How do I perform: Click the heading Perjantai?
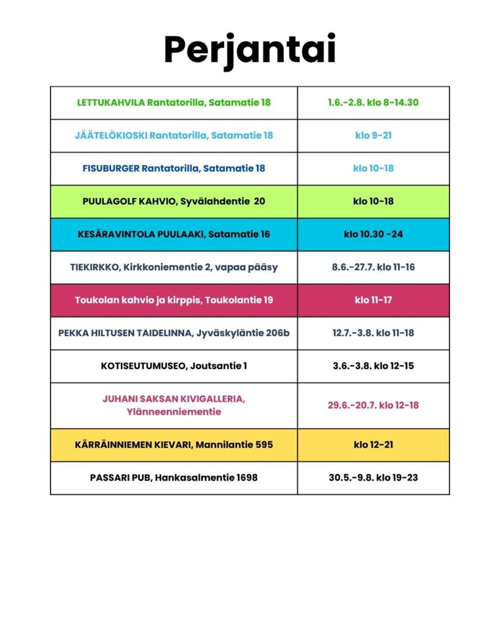pos(250,50)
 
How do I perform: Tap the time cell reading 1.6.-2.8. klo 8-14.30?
pos(373,103)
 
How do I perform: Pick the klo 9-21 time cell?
pos(373,135)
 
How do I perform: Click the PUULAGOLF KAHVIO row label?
pos(173,201)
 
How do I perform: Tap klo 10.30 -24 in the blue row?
pos(373,234)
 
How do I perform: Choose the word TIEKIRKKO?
pos(93,267)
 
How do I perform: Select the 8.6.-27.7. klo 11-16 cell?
pos(373,267)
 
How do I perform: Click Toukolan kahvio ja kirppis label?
pos(173,300)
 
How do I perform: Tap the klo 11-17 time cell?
pos(373,300)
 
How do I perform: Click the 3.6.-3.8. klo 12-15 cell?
pos(373,366)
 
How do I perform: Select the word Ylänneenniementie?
pos(174,412)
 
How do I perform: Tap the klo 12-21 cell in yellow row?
pos(373,444)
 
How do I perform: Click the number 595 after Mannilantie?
pos(262,444)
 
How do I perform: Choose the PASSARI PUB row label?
pos(173,477)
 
